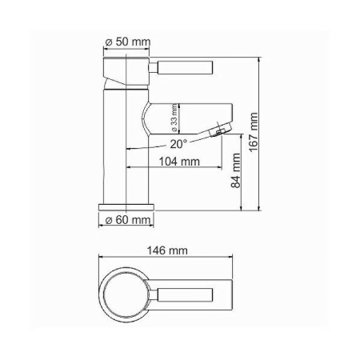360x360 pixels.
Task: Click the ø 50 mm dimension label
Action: point(127,42)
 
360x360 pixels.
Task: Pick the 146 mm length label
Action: point(167,250)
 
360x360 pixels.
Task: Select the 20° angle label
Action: point(178,143)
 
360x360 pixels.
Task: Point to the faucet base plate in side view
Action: point(126,206)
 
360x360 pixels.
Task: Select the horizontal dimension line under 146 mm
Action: point(168,257)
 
